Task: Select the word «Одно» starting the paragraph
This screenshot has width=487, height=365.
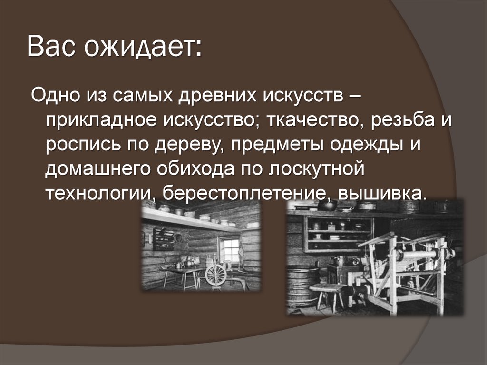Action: point(57,93)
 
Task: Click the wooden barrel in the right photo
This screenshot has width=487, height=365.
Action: point(302,286)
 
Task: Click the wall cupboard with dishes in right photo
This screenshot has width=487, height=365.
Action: point(338,234)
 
